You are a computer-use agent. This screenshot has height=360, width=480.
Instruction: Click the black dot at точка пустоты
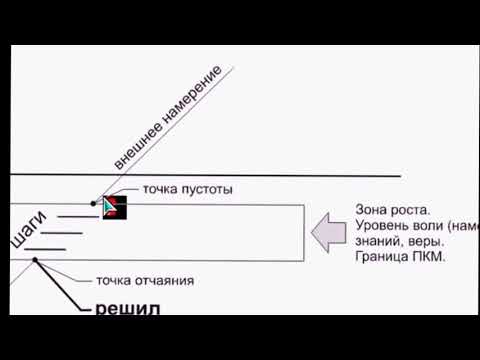[x=93, y=203]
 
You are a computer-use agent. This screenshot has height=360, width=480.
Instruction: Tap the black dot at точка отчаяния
[x=35, y=260]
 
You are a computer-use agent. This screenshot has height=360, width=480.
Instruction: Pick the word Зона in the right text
[x=373, y=210]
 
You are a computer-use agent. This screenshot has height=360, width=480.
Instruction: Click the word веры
[x=428, y=242]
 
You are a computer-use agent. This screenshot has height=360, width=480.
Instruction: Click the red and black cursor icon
[x=113, y=207]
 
